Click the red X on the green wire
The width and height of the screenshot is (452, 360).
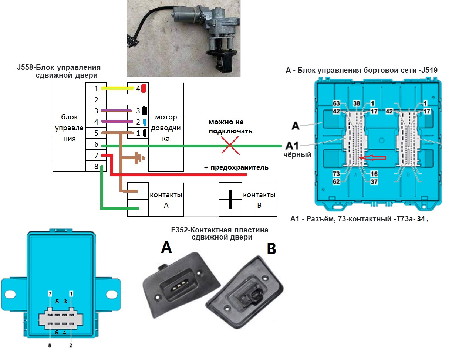(x=230, y=146)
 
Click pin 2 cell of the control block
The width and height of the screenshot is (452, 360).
(x=96, y=99)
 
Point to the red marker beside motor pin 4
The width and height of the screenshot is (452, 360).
(x=144, y=88)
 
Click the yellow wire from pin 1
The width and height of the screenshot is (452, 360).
(x=117, y=88)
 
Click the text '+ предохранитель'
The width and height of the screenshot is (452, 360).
(x=236, y=167)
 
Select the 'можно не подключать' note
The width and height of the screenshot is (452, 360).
(x=230, y=126)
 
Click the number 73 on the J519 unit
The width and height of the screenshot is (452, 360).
(x=336, y=174)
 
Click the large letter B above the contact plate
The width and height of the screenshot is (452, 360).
(x=271, y=250)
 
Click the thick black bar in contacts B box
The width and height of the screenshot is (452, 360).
(x=230, y=200)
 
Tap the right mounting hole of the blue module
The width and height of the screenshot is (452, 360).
(x=111, y=294)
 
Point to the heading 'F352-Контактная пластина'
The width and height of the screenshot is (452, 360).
(x=220, y=230)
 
